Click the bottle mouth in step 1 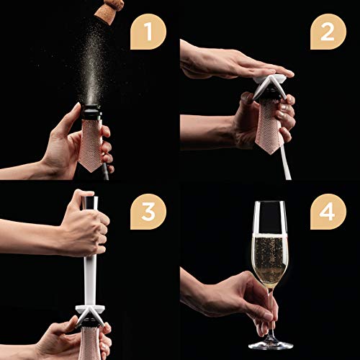point(94,109)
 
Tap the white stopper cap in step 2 point(276,85)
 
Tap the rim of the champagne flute point(269,204)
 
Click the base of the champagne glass point(269,344)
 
